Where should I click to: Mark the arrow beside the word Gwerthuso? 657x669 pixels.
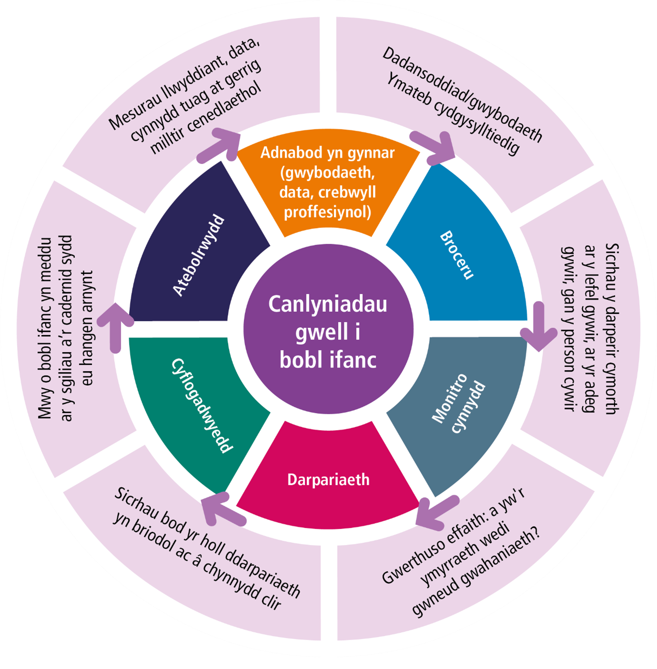[x=436, y=513]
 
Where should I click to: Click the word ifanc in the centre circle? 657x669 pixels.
[x=353, y=360]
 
